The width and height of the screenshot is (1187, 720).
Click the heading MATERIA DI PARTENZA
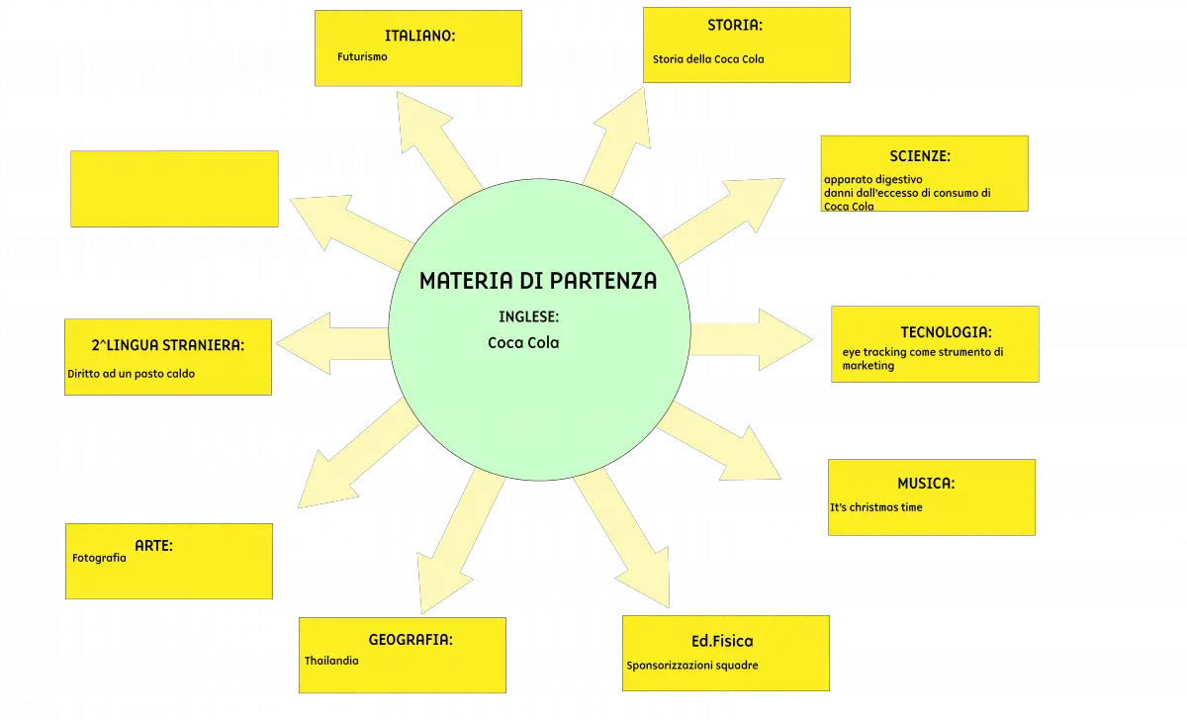coord(538,281)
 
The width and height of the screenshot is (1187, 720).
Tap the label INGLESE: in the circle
coord(528,316)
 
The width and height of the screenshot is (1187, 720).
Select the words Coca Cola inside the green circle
coord(523,343)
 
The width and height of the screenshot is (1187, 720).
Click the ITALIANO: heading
coord(419,36)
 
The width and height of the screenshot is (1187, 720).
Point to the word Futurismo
coord(362,56)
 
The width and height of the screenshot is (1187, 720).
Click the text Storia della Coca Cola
coord(708,59)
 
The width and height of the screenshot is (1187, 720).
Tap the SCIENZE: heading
coord(920,156)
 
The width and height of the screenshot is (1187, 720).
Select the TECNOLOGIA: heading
coord(946,332)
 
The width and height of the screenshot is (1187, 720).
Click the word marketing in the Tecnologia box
coord(868,366)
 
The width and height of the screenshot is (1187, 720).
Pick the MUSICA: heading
coord(926,484)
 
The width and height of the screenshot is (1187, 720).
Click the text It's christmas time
coord(876,507)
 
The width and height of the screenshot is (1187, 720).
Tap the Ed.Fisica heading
coord(722,641)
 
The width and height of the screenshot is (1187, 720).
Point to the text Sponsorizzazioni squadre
coord(692,666)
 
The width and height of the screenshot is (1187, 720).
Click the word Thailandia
coord(331,661)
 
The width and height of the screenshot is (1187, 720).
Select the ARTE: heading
coord(153,546)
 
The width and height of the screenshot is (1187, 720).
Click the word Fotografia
coord(99,558)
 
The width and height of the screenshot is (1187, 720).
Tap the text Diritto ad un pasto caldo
coord(131,374)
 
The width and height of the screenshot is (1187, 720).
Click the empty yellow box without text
coord(174,189)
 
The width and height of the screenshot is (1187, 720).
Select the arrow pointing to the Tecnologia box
coord(752,339)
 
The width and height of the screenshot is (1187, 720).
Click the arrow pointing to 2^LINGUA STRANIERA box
coord(332,344)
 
